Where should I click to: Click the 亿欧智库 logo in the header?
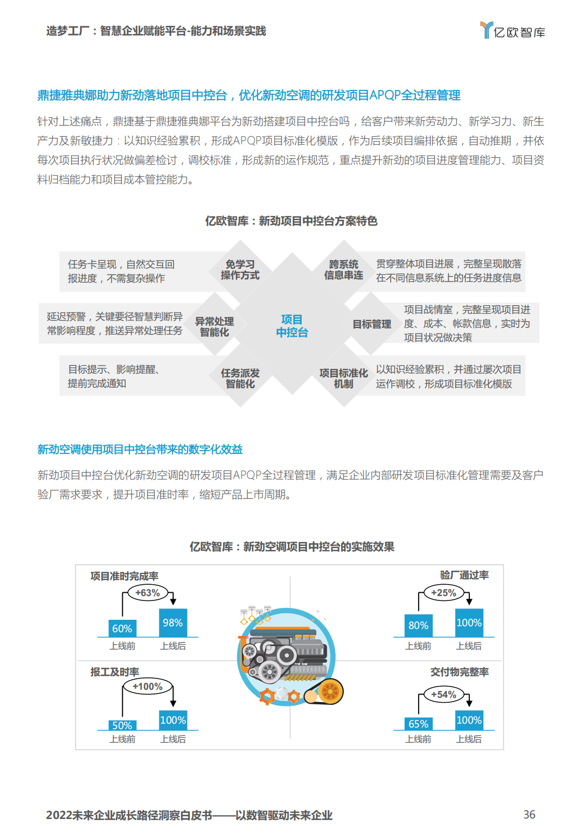pos(512,30)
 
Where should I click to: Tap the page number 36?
pos(529,814)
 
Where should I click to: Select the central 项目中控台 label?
pos(292,326)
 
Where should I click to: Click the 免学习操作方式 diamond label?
pos(240,270)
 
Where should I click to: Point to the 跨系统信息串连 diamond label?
pos(344,270)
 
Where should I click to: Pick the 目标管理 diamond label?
pos(372,324)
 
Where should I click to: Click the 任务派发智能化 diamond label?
pos(240,379)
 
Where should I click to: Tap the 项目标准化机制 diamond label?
pos(344,379)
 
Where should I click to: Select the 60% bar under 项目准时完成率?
pos(122,628)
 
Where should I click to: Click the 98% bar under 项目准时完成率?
pos(173,622)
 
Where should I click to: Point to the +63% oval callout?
pos(148,593)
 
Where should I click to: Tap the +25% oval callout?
pos(444,593)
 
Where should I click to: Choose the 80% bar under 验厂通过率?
pos(418,625)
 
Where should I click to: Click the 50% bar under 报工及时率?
pos(122,725)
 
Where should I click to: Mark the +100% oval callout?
pos(148,687)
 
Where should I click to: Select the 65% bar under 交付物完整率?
pos(418,723)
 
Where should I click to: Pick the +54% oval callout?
pos(444,695)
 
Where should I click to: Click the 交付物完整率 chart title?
pos(460,672)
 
